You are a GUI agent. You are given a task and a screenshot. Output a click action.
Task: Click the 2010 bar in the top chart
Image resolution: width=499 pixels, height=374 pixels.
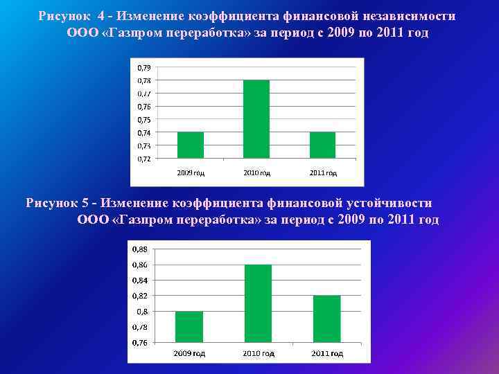point(256,119)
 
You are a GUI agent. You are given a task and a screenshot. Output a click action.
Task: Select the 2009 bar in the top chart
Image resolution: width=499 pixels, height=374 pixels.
point(191,145)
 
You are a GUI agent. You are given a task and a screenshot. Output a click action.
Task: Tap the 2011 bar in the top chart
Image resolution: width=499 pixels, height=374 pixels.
point(322,145)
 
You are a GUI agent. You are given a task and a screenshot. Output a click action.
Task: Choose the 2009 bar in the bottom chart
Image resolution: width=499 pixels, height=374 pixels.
point(189,327)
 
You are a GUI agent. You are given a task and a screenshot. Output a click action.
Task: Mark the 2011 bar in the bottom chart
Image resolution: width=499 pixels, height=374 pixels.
point(327,319)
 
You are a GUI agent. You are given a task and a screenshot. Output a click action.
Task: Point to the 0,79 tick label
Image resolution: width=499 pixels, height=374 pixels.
point(143,68)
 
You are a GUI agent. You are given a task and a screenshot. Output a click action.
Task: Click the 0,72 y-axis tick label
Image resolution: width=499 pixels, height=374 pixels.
point(143,159)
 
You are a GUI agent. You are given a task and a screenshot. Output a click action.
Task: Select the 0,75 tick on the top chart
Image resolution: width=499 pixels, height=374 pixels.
point(143,120)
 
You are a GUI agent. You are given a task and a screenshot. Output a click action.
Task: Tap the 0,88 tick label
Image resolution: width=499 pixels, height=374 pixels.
point(140,249)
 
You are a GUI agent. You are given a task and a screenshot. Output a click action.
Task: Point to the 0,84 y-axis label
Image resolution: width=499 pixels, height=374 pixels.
point(140,280)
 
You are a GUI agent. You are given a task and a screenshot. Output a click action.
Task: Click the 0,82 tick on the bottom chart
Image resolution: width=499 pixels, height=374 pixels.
point(140,296)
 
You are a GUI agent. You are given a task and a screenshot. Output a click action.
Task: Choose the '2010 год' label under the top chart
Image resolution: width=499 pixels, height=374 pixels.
point(256,172)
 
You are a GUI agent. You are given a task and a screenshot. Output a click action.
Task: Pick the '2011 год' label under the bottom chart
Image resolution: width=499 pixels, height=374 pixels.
point(327,353)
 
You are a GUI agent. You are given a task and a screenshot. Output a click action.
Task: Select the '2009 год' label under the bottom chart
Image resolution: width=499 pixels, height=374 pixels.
point(189,353)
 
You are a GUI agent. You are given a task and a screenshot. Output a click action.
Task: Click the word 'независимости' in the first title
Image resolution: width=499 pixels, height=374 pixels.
point(408,16)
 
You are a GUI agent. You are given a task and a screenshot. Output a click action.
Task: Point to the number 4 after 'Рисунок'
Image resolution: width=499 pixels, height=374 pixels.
point(101,16)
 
